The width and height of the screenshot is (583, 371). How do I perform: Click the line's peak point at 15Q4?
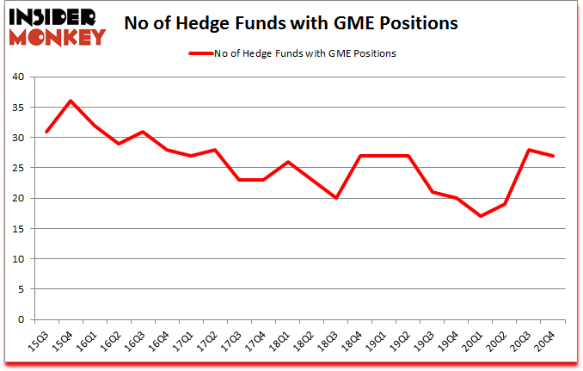[x=71, y=101]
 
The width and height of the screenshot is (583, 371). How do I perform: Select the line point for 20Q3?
[x=528, y=150]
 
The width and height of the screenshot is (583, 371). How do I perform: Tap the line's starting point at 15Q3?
[x=46, y=131]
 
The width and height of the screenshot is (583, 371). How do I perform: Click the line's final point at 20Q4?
[x=552, y=156]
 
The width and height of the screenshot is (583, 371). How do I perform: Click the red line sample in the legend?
[x=206, y=53]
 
